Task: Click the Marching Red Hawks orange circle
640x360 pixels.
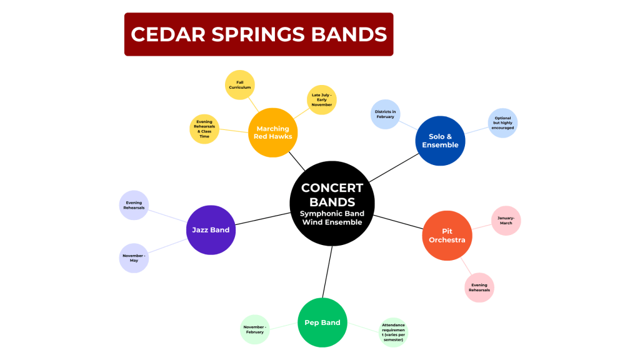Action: tap(272, 132)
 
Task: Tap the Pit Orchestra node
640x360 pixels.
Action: tap(447, 236)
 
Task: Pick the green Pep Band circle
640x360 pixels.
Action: tap(322, 322)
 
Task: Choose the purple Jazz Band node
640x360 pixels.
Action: tap(211, 230)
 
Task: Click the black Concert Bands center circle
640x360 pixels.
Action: tap(332, 203)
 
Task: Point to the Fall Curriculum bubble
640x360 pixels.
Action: tap(240, 85)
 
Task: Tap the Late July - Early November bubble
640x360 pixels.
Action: tap(322, 99)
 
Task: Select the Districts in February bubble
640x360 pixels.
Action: tap(385, 114)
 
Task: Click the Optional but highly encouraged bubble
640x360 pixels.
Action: tap(502, 123)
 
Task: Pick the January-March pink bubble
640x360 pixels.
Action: tap(506, 221)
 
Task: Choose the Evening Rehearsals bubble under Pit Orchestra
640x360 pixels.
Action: tap(479, 287)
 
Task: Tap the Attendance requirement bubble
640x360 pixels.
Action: tap(393, 332)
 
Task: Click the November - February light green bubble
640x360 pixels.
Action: tap(255, 329)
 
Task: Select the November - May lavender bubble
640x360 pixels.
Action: tap(134, 258)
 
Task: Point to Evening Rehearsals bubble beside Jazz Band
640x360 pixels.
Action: tap(134, 205)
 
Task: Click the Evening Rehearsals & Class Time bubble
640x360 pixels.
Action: tap(204, 129)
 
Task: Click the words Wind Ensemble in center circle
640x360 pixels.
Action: tap(332, 222)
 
